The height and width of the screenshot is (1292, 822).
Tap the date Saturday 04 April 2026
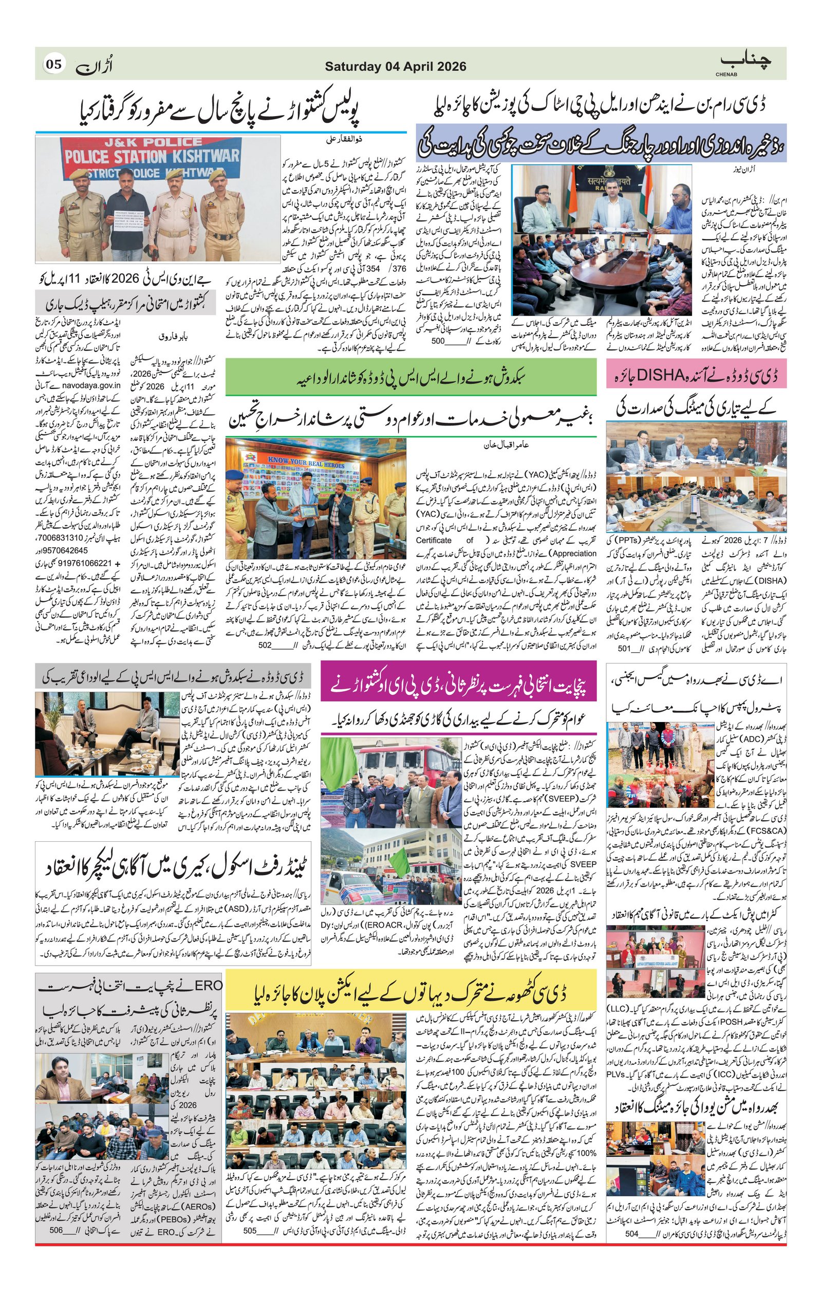pyautogui.click(x=395, y=66)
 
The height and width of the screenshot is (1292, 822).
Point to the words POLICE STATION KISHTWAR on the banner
pyautogui.click(x=152, y=156)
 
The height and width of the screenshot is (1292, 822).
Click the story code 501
pyautogui.click(x=623, y=649)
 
